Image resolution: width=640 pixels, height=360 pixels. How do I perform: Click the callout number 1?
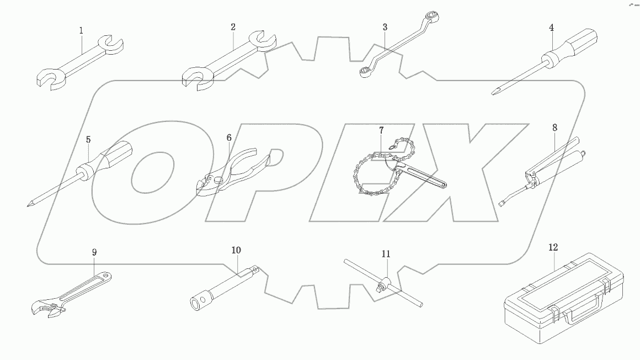coord(81,30)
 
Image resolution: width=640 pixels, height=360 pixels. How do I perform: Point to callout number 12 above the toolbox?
coord(552,248)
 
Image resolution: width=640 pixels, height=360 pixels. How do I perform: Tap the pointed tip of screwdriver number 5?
coord(28,205)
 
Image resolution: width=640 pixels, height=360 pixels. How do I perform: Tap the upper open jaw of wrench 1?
coord(111,46)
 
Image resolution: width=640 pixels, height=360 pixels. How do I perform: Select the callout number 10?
coord(236,250)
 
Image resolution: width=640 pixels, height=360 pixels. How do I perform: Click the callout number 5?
coord(88,140)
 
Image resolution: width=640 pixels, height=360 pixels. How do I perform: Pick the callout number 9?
coord(94,252)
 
